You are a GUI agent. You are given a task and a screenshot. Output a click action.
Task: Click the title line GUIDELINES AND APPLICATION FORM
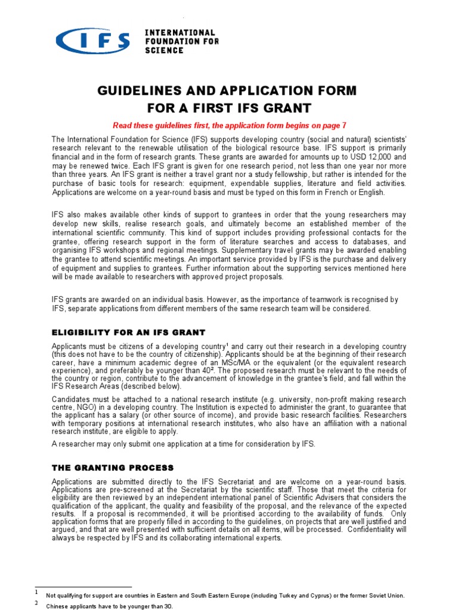click(229, 91)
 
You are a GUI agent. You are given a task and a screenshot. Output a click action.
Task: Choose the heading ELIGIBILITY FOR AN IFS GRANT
click(128, 332)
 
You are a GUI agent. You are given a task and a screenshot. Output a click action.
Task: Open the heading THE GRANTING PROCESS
click(113, 468)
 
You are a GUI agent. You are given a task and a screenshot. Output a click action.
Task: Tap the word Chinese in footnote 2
click(60, 606)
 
